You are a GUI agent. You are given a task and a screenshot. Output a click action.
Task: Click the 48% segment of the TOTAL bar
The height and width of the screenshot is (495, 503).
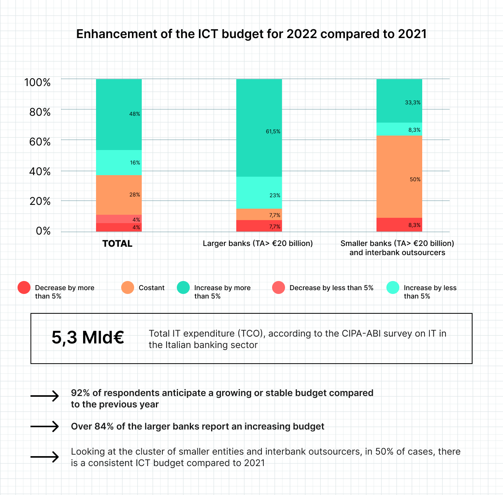(119, 114)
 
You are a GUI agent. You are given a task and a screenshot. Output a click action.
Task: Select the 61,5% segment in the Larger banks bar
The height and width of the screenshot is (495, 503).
(259, 128)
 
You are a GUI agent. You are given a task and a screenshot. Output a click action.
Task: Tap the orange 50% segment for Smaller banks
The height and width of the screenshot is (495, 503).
(399, 177)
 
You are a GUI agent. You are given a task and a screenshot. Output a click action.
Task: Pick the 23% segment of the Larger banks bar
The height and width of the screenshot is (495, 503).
(259, 193)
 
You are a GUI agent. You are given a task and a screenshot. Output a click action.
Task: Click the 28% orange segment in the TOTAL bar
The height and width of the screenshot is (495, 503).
(119, 195)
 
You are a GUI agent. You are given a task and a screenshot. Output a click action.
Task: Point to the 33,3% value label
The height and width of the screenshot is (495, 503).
(413, 102)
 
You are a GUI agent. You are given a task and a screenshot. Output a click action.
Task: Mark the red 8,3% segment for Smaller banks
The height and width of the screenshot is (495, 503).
(399, 225)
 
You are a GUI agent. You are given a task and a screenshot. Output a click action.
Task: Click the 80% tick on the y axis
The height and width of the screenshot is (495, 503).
(40, 112)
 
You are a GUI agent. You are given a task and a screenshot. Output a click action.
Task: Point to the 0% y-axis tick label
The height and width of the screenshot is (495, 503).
(43, 231)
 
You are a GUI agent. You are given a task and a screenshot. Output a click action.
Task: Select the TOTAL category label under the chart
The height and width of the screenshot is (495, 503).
(117, 244)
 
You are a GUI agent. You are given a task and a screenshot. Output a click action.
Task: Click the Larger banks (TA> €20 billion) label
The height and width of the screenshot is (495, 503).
(258, 243)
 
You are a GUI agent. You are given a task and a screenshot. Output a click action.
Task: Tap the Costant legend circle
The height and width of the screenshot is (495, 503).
(128, 287)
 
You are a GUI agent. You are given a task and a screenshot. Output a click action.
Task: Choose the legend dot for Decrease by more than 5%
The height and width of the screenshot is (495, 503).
(24, 287)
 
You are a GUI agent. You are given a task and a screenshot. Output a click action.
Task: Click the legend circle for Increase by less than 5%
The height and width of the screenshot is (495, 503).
(393, 287)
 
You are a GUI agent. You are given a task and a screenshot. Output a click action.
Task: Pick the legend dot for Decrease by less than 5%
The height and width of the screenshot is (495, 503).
(279, 287)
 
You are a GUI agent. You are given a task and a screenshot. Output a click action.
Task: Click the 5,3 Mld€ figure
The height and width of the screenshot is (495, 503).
(88, 337)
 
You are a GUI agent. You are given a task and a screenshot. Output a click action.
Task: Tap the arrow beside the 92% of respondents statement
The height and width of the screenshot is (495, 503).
(45, 396)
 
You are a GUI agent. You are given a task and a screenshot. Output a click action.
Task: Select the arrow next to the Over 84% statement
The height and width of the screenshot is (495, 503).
(45, 426)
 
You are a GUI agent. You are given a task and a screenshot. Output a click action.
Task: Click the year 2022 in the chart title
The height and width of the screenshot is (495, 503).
(301, 34)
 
